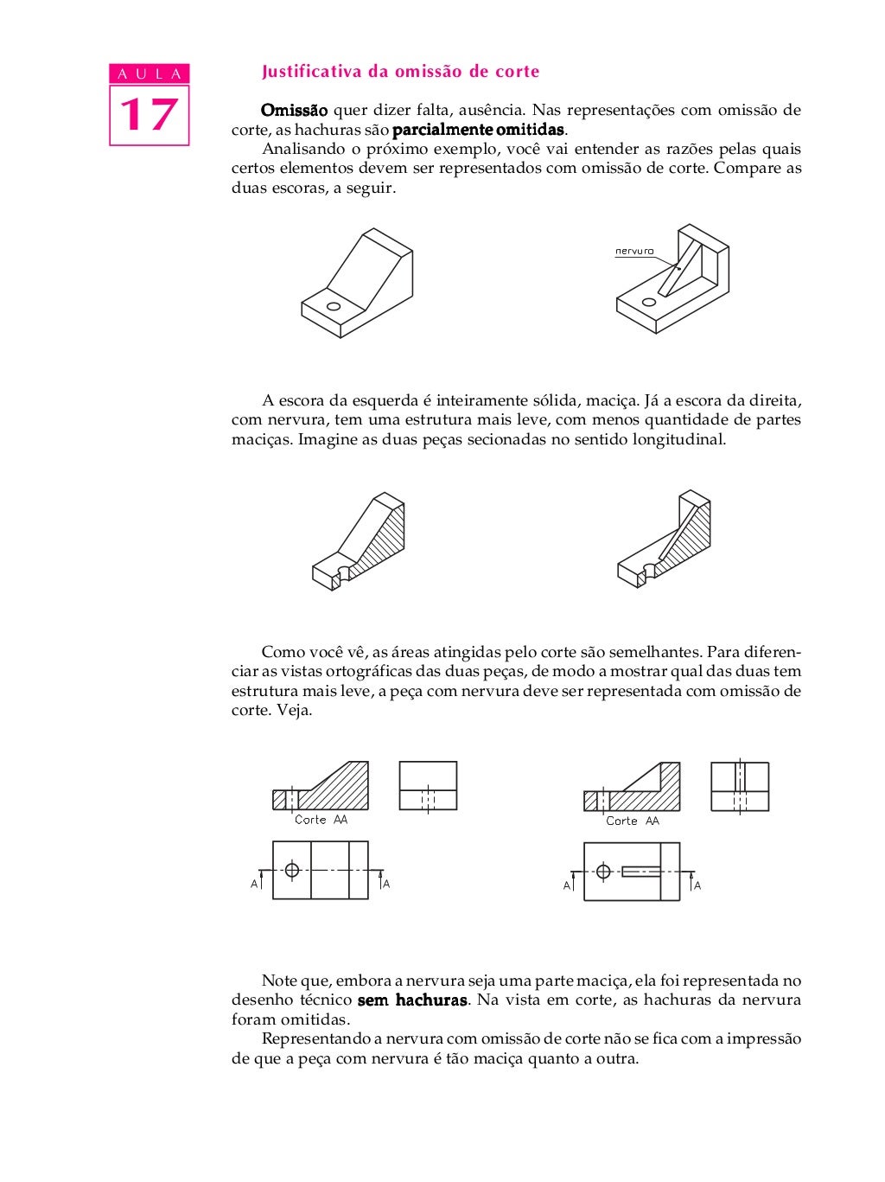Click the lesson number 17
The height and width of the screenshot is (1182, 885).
click(149, 115)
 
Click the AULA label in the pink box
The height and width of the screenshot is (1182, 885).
click(149, 74)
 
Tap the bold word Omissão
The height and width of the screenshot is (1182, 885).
click(294, 111)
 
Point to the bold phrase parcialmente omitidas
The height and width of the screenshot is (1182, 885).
click(478, 131)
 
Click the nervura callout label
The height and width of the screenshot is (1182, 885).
click(634, 252)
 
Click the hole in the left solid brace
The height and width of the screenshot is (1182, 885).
click(333, 306)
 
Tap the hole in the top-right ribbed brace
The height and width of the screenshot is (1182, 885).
click(648, 302)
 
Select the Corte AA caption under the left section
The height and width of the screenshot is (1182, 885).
click(321, 820)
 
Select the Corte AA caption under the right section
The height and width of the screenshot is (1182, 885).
click(632, 821)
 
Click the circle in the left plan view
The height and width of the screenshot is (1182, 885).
click(292, 870)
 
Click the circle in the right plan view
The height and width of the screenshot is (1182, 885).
click(603, 871)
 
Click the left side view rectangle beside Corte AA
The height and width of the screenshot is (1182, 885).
click(428, 786)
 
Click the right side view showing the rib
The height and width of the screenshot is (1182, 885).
click(740, 787)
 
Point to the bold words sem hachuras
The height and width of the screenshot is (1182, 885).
click(412, 1000)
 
